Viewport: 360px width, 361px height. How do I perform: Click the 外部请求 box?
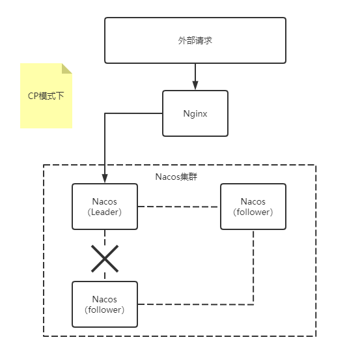point(195,40)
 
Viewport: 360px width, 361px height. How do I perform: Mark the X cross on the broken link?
point(105,259)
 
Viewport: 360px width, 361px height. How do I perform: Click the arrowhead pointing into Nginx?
point(195,86)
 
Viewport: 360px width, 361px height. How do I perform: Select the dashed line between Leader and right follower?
point(179,207)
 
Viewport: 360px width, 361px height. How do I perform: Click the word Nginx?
point(195,113)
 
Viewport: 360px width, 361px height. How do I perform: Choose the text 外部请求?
point(195,40)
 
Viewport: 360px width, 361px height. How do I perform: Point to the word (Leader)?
point(105,212)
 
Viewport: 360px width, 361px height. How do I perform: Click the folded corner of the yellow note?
point(67,68)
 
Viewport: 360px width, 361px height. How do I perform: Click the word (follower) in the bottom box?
point(105,310)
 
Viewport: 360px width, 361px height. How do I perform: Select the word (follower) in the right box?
point(253,212)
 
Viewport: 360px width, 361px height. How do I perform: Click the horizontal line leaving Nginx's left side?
point(133,113)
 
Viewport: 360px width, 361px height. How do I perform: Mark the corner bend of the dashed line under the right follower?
point(253,304)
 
